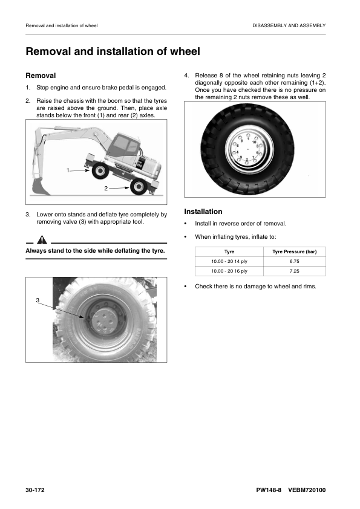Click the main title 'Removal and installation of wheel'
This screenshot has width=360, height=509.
point(113,51)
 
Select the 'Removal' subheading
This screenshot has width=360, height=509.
point(41,76)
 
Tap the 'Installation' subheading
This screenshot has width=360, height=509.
point(203,212)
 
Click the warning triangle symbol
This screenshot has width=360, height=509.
point(42,240)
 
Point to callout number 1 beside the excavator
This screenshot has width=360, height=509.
point(68,170)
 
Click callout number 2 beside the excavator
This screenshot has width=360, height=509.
point(106,188)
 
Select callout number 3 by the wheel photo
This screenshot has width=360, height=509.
point(38,300)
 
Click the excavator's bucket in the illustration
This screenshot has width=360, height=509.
point(41,187)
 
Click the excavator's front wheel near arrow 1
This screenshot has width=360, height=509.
point(100,170)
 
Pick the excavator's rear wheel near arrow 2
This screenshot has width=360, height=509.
point(139,187)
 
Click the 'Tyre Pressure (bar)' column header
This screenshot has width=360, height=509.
point(295,251)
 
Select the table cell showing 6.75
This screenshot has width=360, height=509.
point(295,261)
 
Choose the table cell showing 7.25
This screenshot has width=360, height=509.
point(295,271)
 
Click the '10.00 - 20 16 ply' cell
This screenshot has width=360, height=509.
point(229,271)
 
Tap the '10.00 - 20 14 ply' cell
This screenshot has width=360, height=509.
point(229,261)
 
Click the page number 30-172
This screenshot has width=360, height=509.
point(35,490)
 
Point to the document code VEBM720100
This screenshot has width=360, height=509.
point(307,490)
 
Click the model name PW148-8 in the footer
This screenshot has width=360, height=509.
point(269,490)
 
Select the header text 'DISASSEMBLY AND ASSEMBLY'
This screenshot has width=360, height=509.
point(289,25)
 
